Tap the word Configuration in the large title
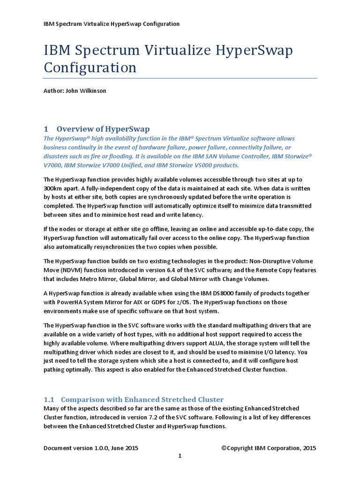[90, 67]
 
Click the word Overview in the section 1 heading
[75, 129]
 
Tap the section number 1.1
[49, 399]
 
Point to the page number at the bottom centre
[180, 457]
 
